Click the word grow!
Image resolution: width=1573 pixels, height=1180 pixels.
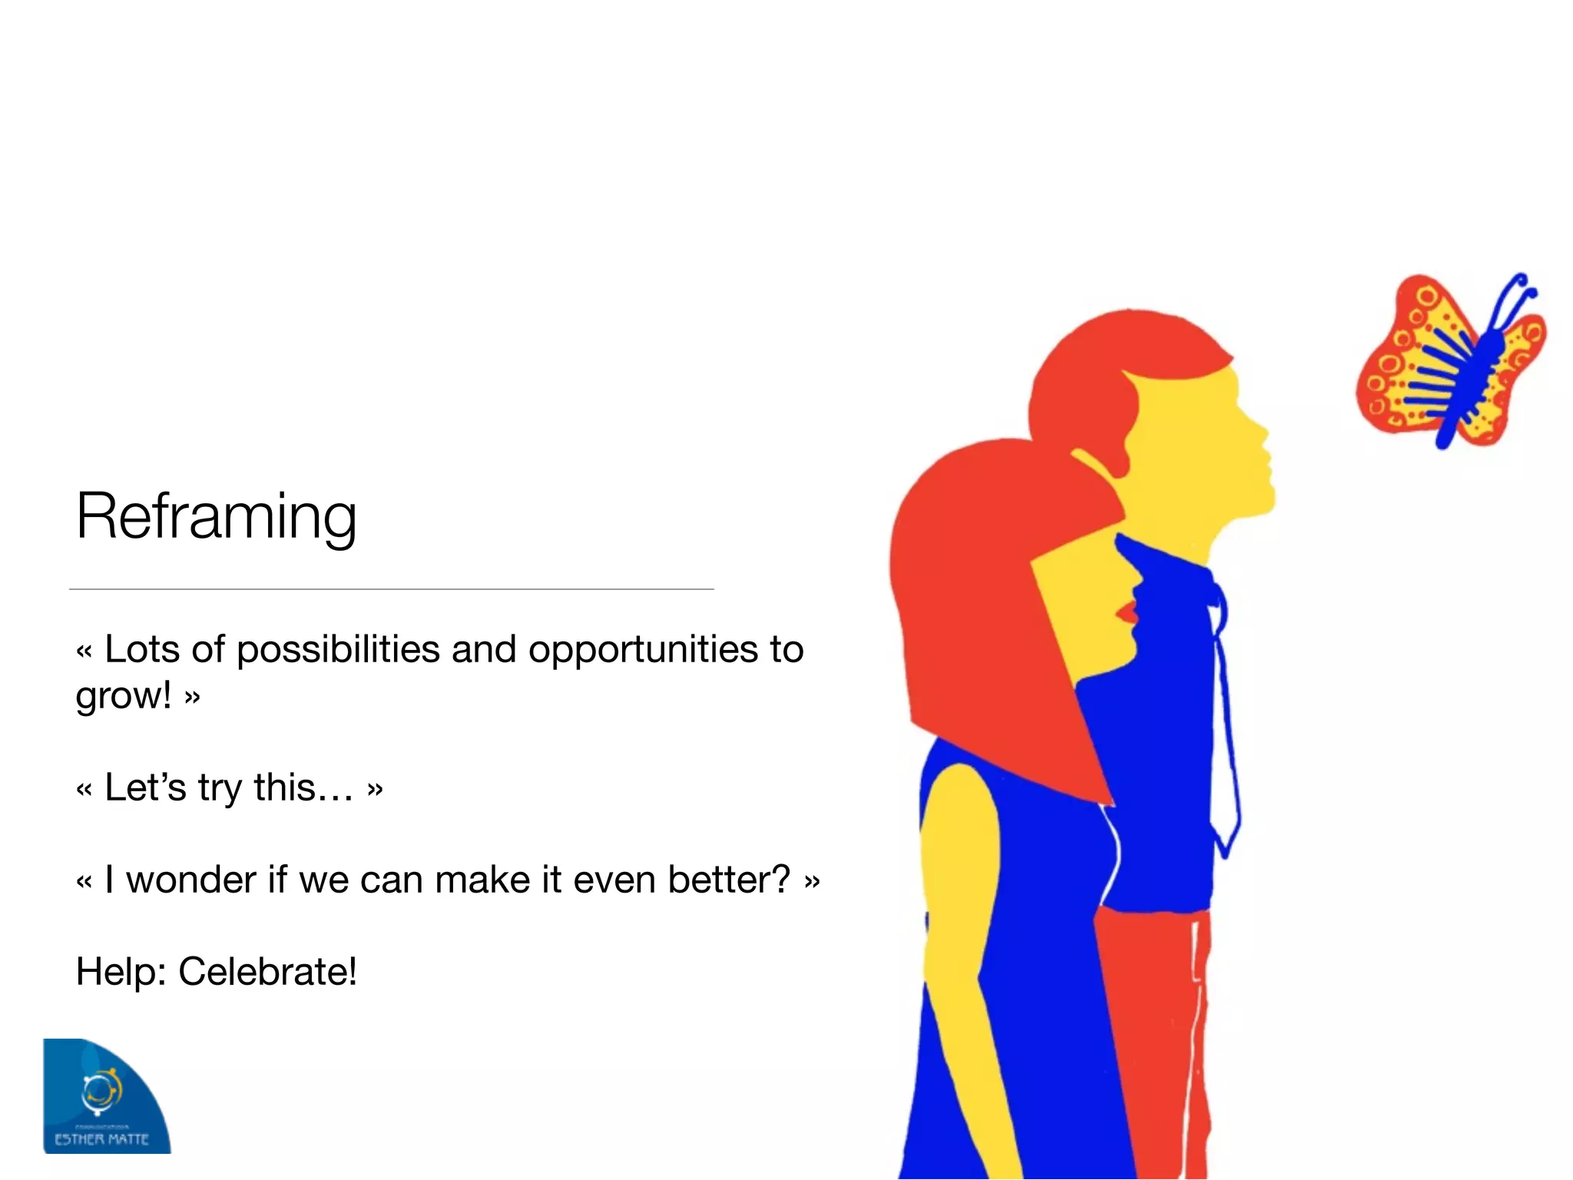(123, 696)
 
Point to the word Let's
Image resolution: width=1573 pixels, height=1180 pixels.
(145, 787)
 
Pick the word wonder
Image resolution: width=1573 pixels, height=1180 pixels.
(190, 880)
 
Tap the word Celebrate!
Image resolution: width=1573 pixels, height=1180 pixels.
(267, 972)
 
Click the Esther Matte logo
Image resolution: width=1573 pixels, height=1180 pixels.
(105, 1097)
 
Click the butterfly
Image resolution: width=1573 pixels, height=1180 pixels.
(1448, 361)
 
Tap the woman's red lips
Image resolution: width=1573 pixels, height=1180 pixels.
(1128, 612)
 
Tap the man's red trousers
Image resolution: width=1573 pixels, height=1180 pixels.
(1152, 1037)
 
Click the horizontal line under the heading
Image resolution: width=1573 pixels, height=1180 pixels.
(392, 589)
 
